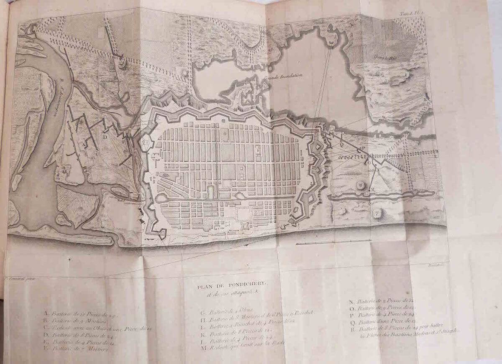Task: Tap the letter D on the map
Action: [105, 136]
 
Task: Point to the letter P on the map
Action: [363, 148]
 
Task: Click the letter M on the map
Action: [373, 189]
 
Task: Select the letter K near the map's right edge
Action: [425, 99]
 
